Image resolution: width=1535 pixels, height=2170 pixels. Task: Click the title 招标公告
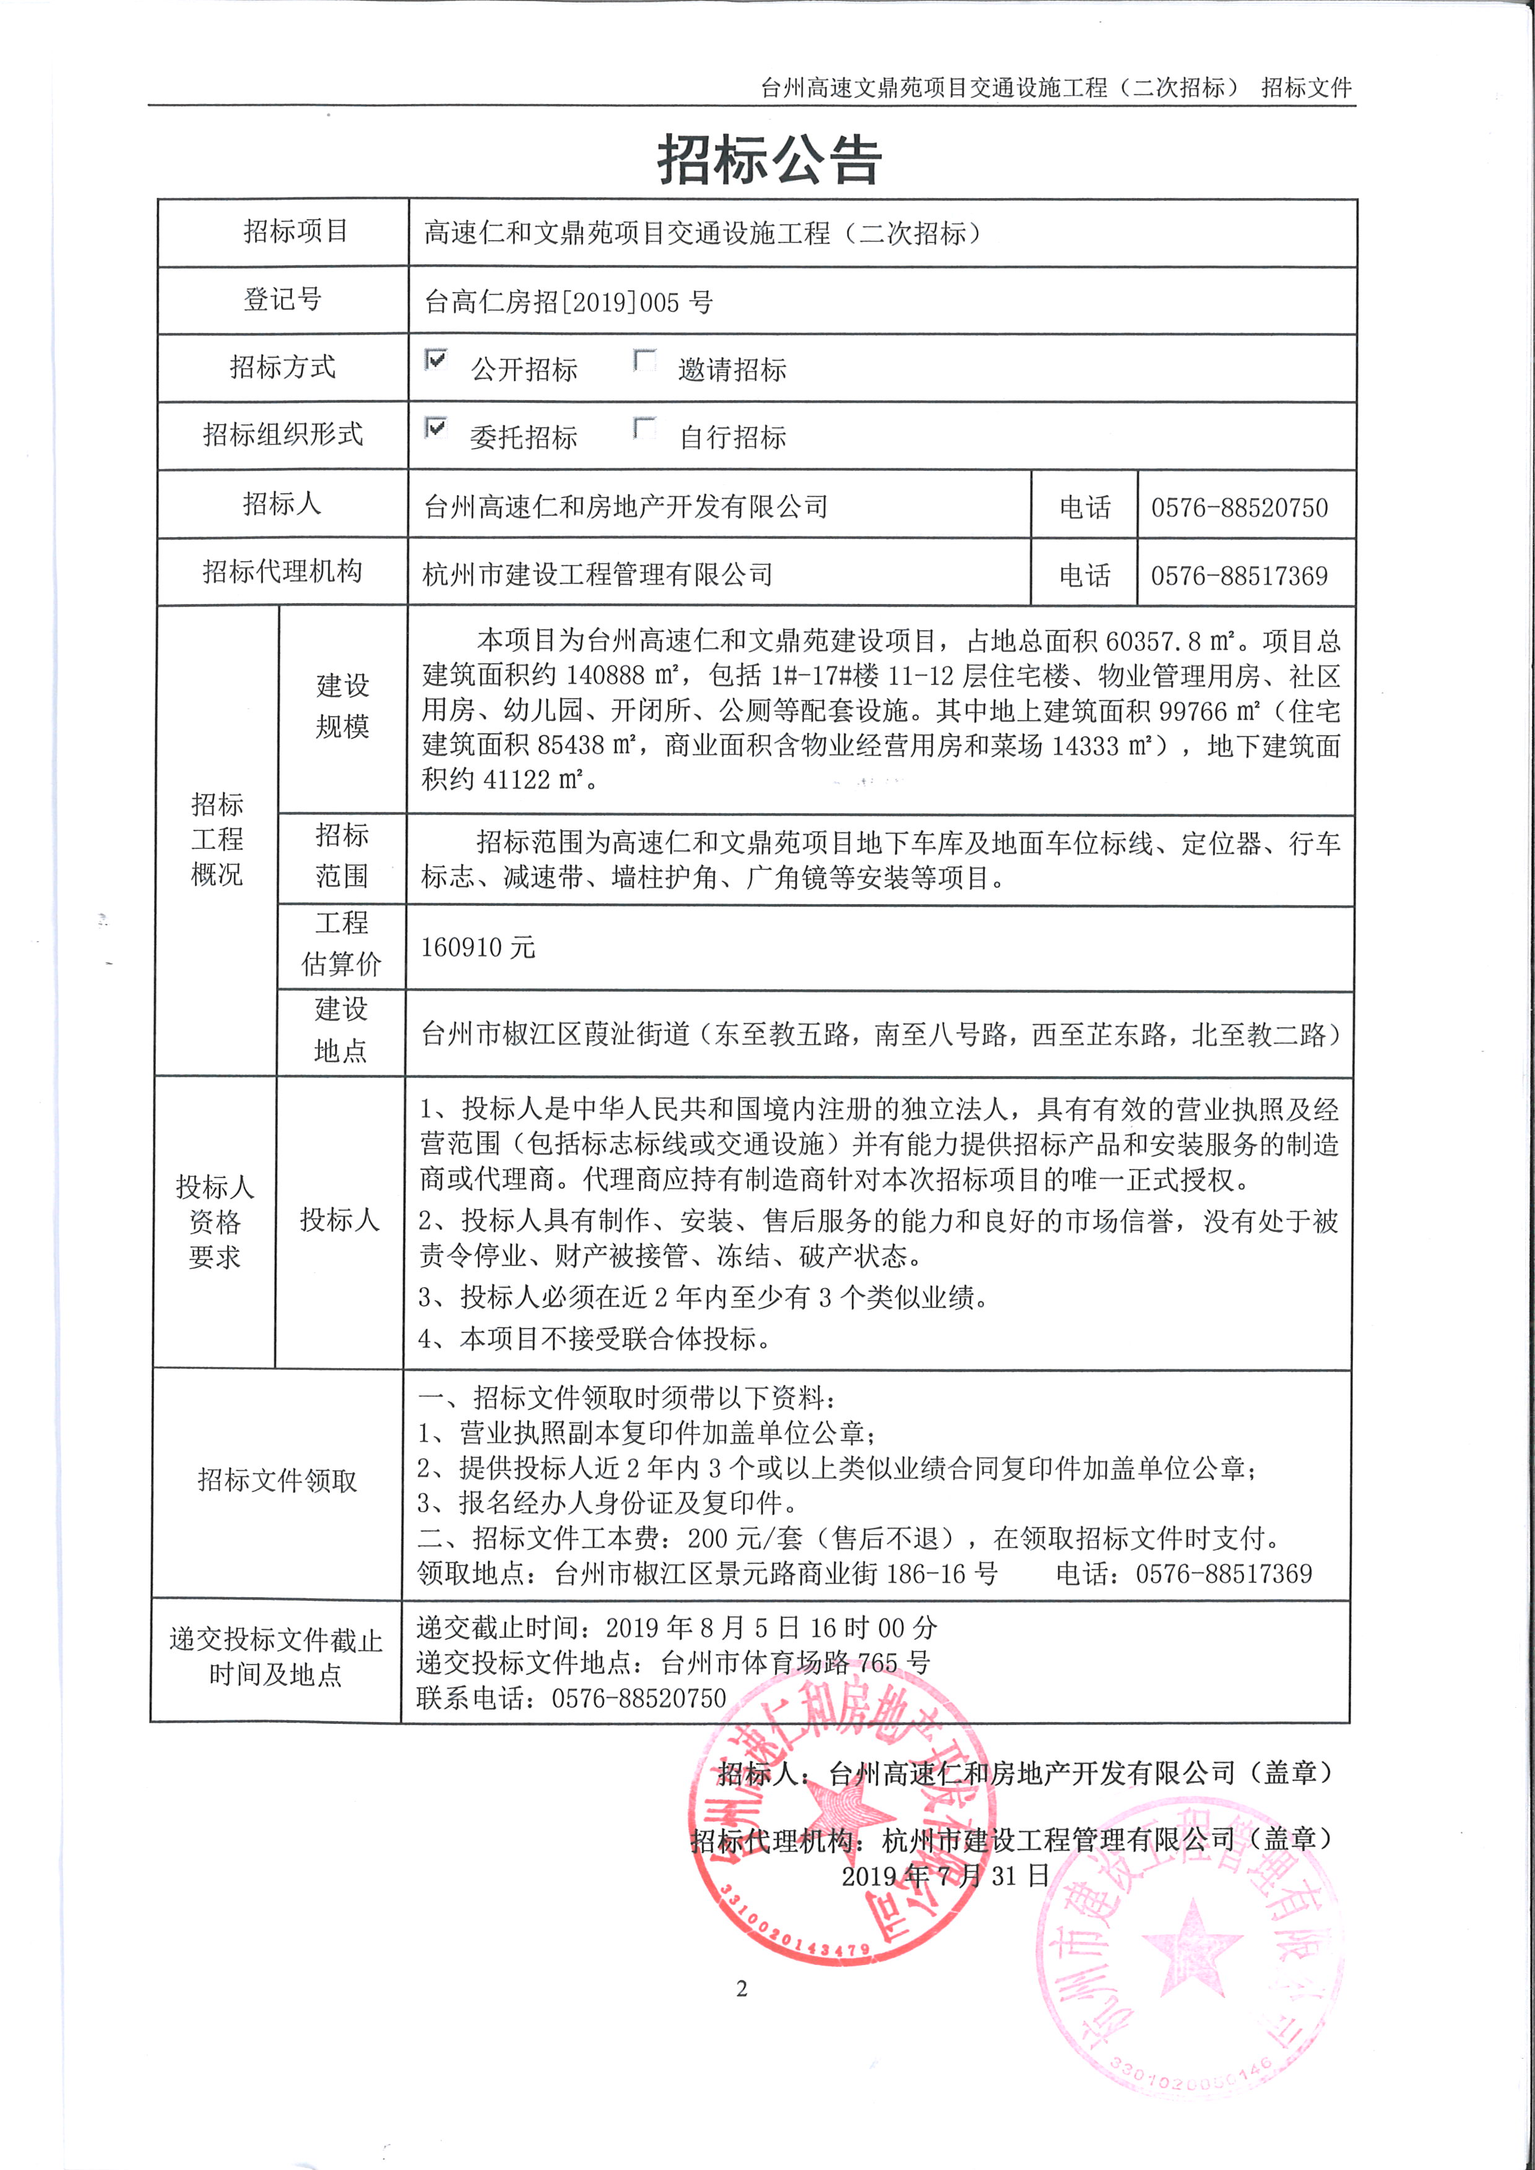coord(769,159)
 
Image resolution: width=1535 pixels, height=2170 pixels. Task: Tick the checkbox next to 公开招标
coord(436,360)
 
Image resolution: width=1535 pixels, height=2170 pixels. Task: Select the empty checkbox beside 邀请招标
coord(644,360)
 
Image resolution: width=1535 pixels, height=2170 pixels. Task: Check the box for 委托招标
coord(436,428)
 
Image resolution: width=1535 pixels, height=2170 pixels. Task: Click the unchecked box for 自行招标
coord(644,428)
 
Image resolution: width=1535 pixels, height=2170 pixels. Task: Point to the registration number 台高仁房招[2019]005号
coord(568,303)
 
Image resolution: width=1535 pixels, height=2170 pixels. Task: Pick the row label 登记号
coord(283,299)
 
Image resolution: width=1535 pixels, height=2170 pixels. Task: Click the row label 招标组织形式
coord(283,435)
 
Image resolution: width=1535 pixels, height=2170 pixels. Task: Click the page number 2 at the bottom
coord(742,1989)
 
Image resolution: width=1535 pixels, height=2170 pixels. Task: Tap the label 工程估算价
coord(341,943)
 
